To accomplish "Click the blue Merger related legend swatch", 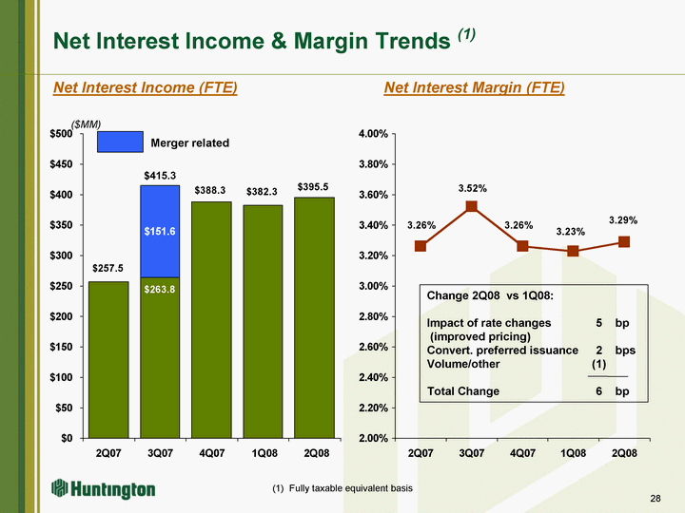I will pyautogui.click(x=120, y=142).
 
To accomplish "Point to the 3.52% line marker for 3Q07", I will pyautogui.click(x=472, y=206).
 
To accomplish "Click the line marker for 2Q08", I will pyautogui.click(x=624, y=241).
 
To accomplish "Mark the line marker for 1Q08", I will pyautogui.click(x=573, y=251).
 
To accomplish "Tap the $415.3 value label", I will pyautogui.click(x=160, y=176).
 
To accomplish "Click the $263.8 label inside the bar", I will pyautogui.click(x=160, y=289).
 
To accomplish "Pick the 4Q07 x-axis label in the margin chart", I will pyautogui.click(x=522, y=454).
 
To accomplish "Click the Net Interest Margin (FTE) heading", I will pyautogui.click(x=474, y=88).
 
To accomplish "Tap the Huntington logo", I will pyautogui.click(x=104, y=489).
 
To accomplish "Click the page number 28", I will pyautogui.click(x=656, y=499).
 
